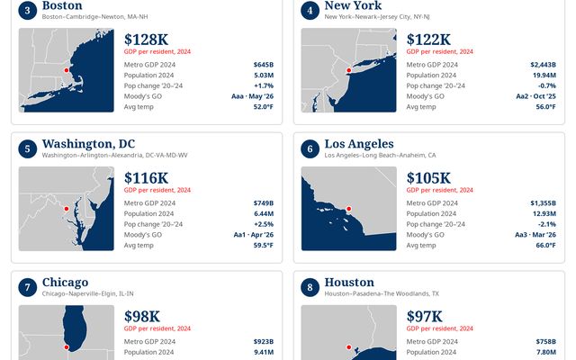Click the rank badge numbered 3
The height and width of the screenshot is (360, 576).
click(x=28, y=10)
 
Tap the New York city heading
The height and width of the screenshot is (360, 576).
click(x=353, y=5)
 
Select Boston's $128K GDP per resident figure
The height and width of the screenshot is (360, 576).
click(x=146, y=40)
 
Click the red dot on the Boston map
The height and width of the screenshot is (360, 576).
click(x=67, y=70)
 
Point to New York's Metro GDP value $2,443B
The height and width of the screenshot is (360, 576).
click(x=543, y=65)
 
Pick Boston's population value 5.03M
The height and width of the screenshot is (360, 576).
click(x=264, y=76)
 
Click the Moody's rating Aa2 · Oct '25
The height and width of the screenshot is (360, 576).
click(x=536, y=96)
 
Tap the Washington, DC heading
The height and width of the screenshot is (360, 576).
click(x=88, y=144)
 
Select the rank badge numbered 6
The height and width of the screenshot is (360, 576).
click(x=310, y=148)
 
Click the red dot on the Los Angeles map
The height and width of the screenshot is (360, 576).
click(x=349, y=209)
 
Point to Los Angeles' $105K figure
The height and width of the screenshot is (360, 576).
click(x=428, y=178)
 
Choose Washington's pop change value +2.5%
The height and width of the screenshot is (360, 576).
click(x=264, y=224)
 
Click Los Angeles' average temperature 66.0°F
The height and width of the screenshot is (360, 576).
click(x=546, y=245)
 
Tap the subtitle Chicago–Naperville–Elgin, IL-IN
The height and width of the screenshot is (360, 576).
click(x=88, y=293)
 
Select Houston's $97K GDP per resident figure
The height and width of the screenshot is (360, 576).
click(x=424, y=316)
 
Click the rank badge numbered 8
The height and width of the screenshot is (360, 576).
click(x=310, y=287)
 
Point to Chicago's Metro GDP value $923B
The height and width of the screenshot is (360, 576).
click(x=264, y=342)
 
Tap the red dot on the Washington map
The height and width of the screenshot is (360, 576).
click(x=67, y=209)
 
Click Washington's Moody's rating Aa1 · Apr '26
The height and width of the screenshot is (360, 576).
click(x=254, y=235)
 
